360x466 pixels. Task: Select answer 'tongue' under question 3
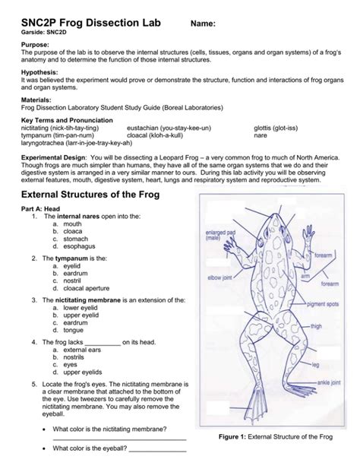click(x=74, y=330)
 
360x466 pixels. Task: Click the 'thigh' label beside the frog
click(x=316, y=326)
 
